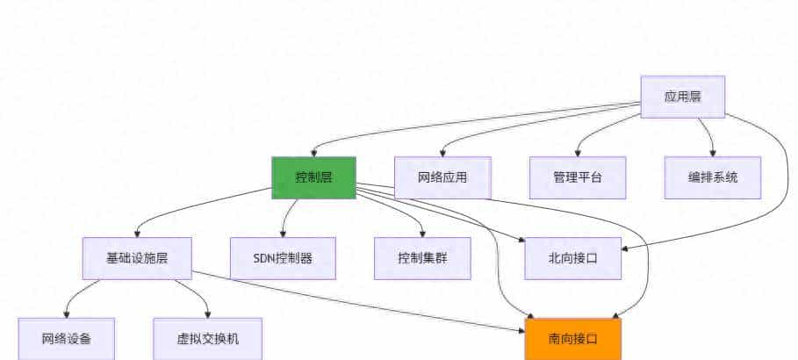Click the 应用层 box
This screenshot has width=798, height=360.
click(682, 97)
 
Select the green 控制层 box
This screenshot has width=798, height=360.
click(313, 177)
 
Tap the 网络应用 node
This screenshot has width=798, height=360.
click(442, 177)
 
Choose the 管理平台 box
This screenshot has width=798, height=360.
click(577, 177)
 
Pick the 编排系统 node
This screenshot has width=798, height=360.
click(712, 177)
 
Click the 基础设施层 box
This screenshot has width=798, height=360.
click(137, 258)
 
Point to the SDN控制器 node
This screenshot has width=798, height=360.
click(283, 258)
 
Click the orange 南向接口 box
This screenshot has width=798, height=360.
click(572, 339)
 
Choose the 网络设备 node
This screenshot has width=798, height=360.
click(67, 339)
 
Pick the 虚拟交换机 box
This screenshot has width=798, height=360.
click(207, 339)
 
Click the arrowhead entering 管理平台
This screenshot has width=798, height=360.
click(578, 153)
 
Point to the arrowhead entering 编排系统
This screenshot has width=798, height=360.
click(713, 153)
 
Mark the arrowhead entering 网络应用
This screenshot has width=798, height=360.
click(442, 153)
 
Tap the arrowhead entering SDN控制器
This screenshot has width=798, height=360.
click(283, 234)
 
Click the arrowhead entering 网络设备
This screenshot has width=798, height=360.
click(67, 314)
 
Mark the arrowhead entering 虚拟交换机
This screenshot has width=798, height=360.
click(208, 314)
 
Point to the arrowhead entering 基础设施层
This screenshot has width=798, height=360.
click(138, 234)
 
